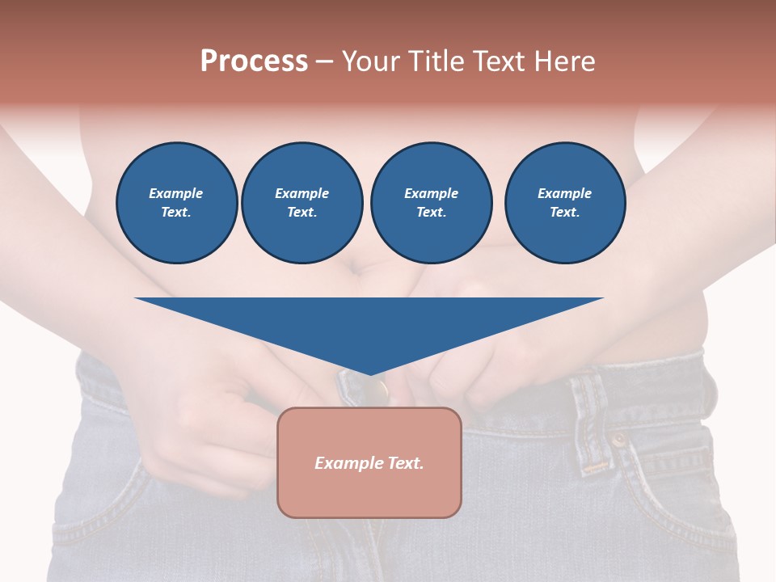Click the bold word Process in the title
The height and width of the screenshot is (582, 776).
click(x=254, y=61)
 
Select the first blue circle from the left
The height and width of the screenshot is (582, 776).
click(x=176, y=203)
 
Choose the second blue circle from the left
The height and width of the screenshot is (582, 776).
click(x=302, y=203)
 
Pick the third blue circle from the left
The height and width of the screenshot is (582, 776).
click(x=431, y=203)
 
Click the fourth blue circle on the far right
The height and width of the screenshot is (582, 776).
click(x=564, y=203)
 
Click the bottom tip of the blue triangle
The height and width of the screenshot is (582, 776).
click(x=369, y=373)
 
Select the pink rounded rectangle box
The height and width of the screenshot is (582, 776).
click(x=369, y=462)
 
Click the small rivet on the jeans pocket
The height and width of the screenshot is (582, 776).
click(x=618, y=441)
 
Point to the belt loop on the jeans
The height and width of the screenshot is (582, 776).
click(x=595, y=420)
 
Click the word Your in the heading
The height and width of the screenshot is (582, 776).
click(x=371, y=61)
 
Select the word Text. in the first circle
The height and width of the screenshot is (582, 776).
click(x=176, y=213)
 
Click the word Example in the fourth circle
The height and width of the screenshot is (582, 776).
click(x=564, y=193)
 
